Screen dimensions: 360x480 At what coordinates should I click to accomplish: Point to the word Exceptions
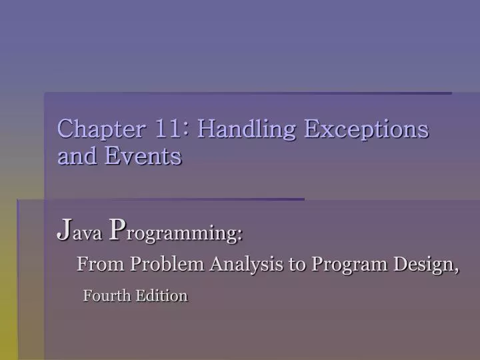pos(366,129)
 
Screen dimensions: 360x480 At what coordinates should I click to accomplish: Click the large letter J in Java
pos(63,231)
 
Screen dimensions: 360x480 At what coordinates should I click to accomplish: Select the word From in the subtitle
pos(101,265)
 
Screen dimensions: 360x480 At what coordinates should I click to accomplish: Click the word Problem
pos(167,265)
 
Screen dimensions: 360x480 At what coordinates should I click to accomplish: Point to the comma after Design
pos(457,269)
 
